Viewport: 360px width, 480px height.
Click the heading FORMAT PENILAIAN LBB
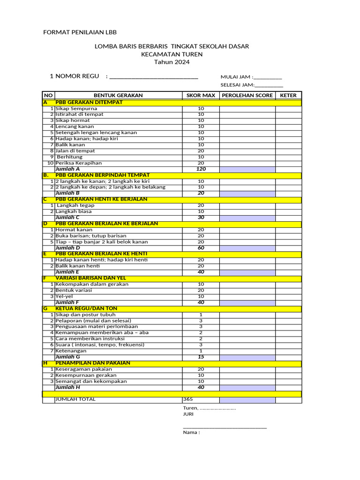80,32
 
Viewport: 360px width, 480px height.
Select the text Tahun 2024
172,62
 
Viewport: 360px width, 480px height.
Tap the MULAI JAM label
236,77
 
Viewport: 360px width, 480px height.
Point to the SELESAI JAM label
237,85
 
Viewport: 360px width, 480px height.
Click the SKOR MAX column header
201,95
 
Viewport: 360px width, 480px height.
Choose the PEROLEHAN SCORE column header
247,95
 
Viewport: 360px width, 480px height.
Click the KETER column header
288,95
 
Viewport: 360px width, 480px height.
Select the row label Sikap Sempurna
76,108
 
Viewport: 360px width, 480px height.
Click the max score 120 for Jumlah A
201,169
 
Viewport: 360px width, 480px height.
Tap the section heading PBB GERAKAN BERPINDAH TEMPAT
103,175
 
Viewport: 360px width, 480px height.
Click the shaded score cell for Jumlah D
247,248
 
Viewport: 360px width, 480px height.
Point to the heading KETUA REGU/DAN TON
86,308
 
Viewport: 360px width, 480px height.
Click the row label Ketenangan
71,351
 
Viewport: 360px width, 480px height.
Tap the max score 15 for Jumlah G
201,357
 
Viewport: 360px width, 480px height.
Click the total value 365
188,399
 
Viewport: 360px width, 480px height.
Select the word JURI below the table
188,414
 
